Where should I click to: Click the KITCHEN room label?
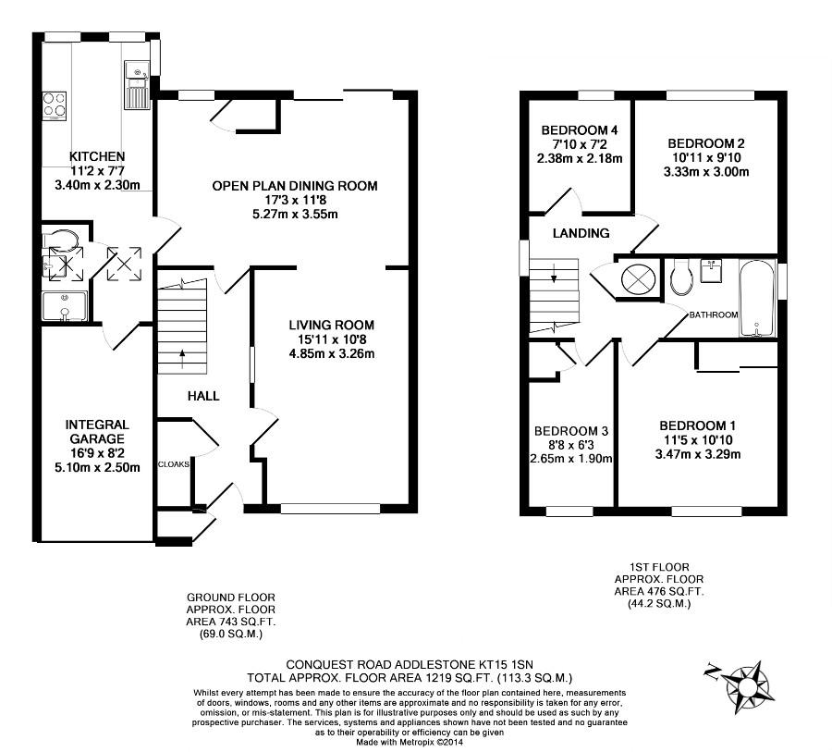click(x=97, y=156)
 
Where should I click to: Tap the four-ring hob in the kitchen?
click(x=55, y=105)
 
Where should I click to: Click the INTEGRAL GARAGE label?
click(x=97, y=432)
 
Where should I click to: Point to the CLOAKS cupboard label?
click(x=174, y=464)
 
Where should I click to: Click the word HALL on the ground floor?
click(x=203, y=396)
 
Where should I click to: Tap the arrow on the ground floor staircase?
click(x=182, y=359)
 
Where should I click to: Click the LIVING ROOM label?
click(x=332, y=325)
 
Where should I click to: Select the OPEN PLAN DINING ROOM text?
click(x=295, y=186)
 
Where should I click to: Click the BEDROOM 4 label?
click(x=580, y=130)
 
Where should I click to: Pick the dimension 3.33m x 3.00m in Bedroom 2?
click(x=706, y=171)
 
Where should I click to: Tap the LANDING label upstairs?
click(x=581, y=233)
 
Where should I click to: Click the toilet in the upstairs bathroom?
click(x=680, y=277)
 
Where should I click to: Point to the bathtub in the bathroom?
click(x=758, y=299)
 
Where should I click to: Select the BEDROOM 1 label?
click(x=697, y=425)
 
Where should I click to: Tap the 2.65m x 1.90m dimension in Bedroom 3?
click(x=571, y=459)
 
